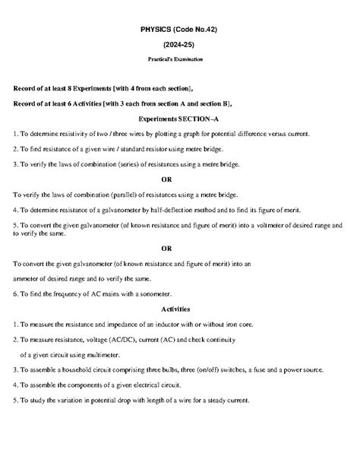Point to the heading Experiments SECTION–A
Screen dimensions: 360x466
point(179,119)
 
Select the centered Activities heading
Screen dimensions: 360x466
point(180,309)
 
